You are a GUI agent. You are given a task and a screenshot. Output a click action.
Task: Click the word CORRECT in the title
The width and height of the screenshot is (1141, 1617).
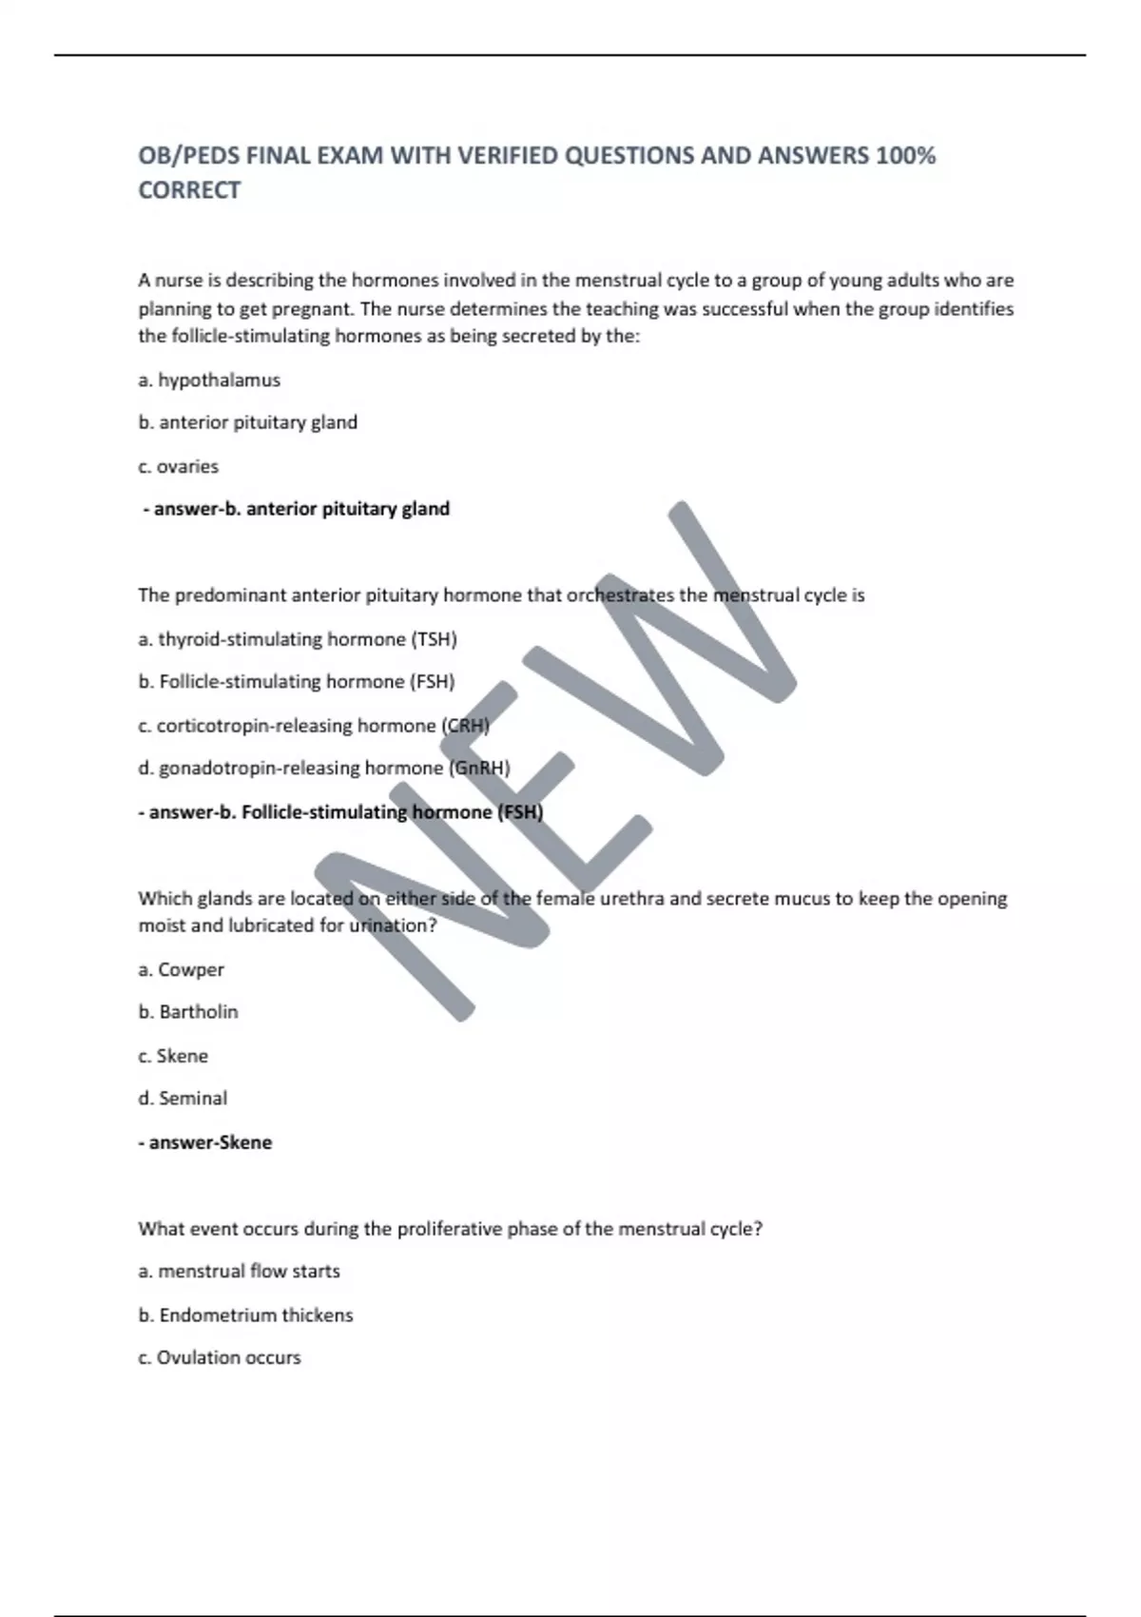189,190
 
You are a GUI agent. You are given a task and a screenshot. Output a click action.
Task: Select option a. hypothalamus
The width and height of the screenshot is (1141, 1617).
209,380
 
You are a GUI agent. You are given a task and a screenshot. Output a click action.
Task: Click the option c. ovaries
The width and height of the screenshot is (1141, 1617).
178,466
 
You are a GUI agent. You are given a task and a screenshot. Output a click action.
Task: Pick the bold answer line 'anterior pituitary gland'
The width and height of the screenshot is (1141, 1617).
297,509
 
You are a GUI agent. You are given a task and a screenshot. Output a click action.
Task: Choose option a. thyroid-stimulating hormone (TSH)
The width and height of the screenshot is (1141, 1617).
298,639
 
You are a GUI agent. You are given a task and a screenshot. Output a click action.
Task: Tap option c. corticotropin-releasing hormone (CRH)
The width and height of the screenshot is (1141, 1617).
314,726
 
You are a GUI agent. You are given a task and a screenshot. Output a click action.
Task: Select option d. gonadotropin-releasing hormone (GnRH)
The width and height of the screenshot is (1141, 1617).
324,769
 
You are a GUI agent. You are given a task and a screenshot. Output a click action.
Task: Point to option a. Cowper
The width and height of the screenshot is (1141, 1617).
181,969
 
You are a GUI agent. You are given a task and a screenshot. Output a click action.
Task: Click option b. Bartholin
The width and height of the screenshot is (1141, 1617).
188,1012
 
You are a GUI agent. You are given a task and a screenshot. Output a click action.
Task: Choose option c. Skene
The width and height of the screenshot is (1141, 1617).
173,1056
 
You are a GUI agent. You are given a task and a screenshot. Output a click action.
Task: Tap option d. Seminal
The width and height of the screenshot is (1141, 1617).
183,1099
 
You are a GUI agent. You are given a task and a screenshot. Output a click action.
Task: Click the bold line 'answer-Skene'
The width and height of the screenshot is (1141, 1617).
205,1142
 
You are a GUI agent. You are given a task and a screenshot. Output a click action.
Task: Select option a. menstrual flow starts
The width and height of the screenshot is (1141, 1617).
239,1271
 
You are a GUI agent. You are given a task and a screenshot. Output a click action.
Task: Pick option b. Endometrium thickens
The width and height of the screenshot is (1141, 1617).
245,1315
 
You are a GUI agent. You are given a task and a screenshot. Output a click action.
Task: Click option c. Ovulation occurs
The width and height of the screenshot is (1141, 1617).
220,1357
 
